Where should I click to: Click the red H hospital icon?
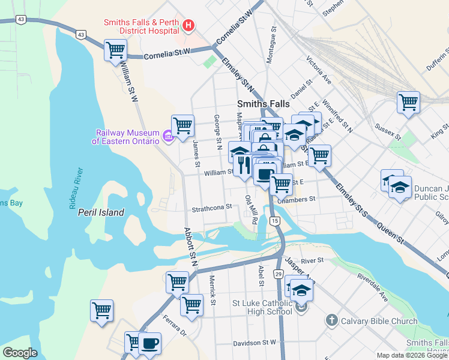[x=188, y=25]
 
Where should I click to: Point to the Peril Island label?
[x=100, y=212]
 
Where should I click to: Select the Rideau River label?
[x=75, y=189]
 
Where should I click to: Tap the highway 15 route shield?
[x=275, y=221]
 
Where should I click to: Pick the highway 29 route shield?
[x=279, y=273]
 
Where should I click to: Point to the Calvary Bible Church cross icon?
[x=332, y=321]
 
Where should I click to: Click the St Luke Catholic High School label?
[x=262, y=307]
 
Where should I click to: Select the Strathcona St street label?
[x=211, y=208]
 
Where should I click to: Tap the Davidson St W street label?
[x=254, y=343]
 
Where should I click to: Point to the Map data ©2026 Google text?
[x=412, y=355]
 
